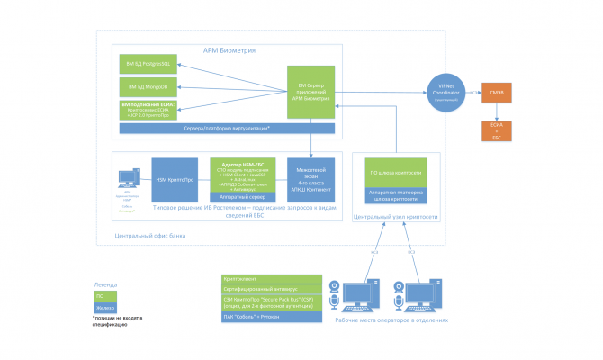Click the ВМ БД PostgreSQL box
[148, 64]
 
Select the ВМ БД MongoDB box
[148, 86]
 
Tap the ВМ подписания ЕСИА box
[148, 110]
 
